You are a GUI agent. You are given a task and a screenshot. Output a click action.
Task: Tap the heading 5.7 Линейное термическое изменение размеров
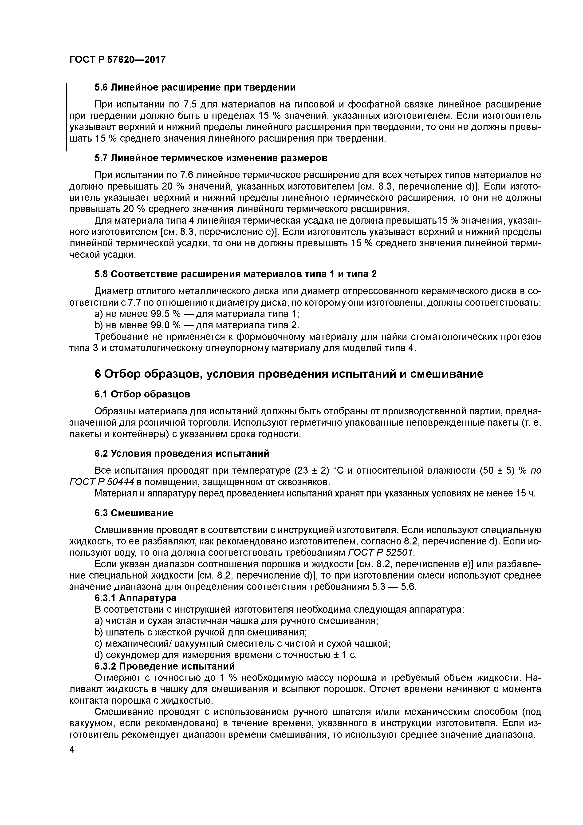pyautogui.click(x=211, y=158)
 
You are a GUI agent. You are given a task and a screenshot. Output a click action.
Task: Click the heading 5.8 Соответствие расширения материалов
pyautogui.click(x=236, y=274)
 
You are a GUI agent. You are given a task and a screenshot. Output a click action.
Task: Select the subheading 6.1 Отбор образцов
pyautogui.click(x=142, y=394)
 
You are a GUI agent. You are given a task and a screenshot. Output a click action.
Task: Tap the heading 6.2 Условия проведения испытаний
pyautogui.click(x=182, y=453)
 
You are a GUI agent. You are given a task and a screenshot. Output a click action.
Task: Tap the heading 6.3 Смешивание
pyautogui.click(x=134, y=513)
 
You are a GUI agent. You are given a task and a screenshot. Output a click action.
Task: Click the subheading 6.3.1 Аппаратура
pyautogui.click(x=135, y=598)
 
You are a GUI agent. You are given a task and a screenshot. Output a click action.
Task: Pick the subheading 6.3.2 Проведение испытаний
pyautogui.click(x=165, y=666)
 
